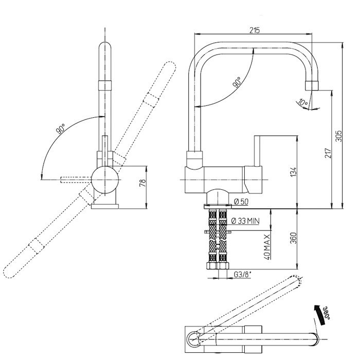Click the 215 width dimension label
pos(255,30)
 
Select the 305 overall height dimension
pos(338,136)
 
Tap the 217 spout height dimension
pos(328,153)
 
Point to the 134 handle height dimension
pos(293,172)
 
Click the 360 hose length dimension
pos(293,238)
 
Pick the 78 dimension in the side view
pos(143,183)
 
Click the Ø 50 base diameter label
pos(241,202)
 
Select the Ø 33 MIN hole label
pos(245,221)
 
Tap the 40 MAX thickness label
pos(267,247)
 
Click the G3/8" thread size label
pos(243,274)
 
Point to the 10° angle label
pos(302,102)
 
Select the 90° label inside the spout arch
pos(237,82)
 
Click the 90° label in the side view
pos(61,129)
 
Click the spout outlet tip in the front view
pos(312,86)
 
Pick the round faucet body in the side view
pos(105,180)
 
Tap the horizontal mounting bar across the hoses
pos(217,231)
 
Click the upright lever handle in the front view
pos(258,151)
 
